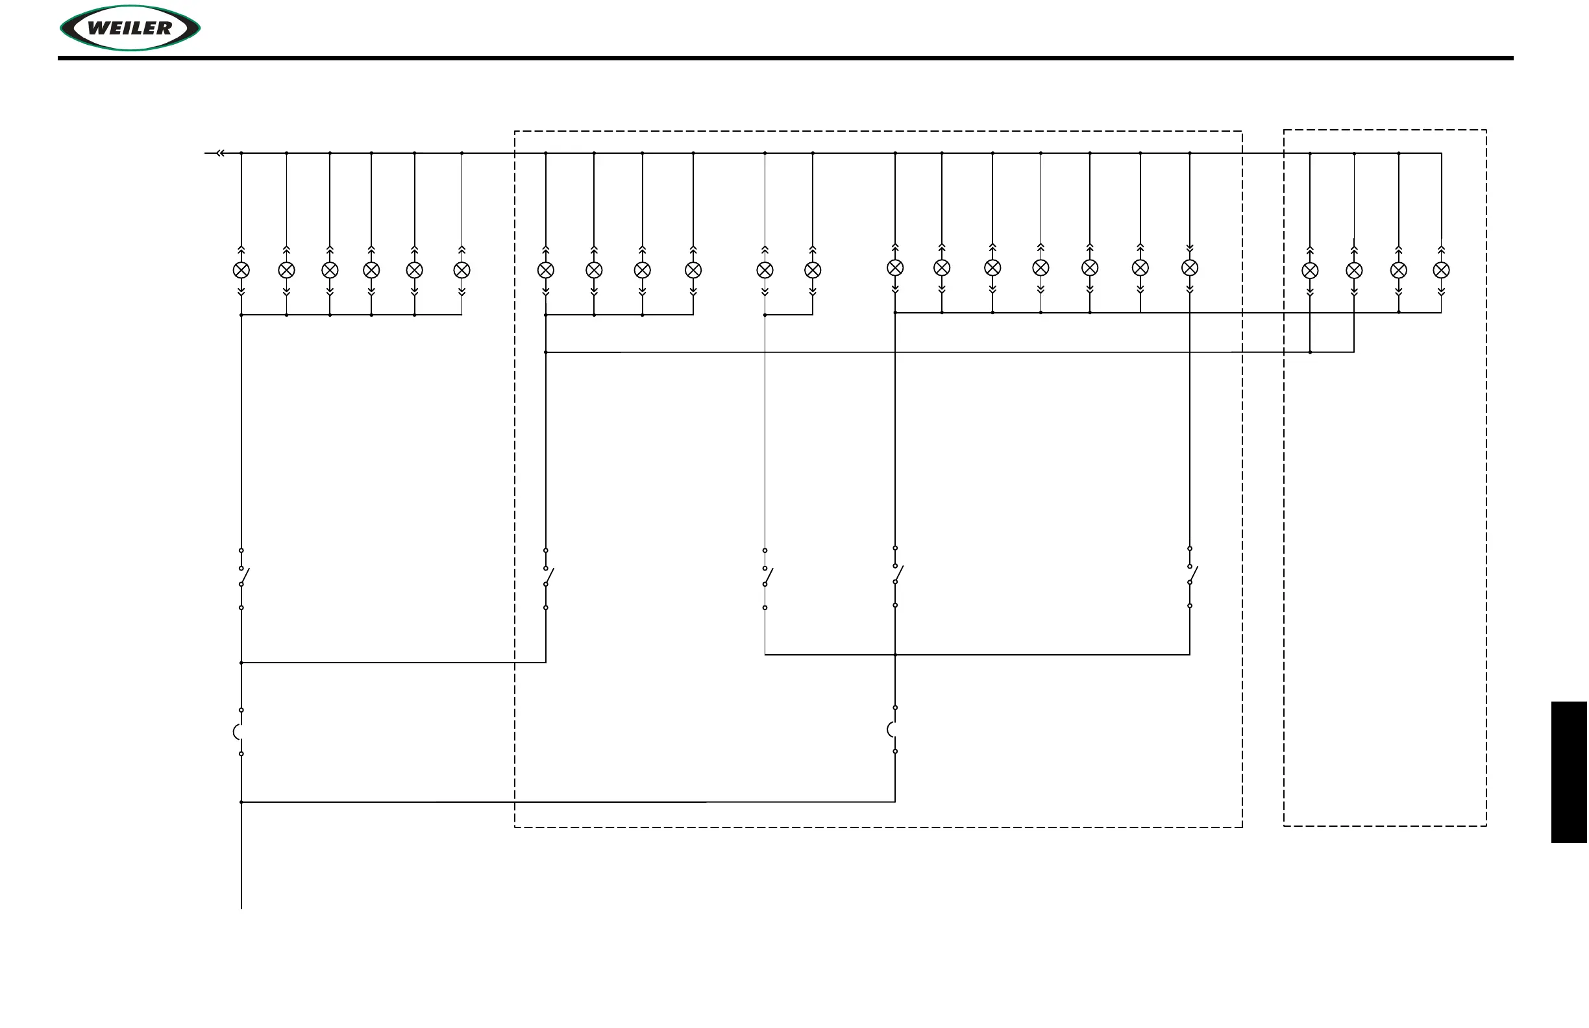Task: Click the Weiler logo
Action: point(130,28)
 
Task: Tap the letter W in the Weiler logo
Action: point(99,28)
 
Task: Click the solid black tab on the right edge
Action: point(1569,772)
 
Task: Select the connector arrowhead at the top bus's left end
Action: point(219,154)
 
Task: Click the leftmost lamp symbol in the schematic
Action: point(241,271)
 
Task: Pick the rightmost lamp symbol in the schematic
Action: point(1442,271)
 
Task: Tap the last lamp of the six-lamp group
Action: point(462,271)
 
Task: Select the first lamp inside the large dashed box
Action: point(545,271)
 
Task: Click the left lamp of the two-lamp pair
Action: point(765,271)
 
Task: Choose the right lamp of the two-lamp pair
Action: point(813,271)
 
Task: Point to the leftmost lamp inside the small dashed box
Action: point(1310,271)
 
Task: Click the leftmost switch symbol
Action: point(242,577)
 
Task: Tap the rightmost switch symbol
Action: point(1190,575)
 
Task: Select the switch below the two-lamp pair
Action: point(766,577)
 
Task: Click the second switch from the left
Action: point(547,577)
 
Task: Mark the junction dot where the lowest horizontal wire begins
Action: point(241,802)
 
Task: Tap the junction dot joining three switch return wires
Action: point(895,655)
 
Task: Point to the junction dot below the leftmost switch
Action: point(241,663)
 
